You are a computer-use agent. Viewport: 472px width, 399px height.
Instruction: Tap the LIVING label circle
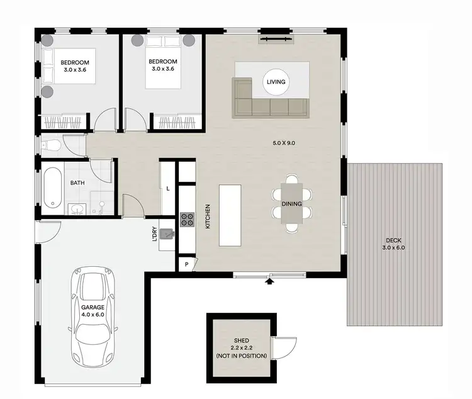pos(276,82)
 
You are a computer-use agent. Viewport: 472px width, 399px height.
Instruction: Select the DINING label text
pos(291,204)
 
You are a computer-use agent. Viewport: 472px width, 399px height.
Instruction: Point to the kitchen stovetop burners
pos(188,220)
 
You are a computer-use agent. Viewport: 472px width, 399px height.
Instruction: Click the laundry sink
pos(167,235)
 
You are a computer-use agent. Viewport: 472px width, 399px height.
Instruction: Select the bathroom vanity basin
pos(76,208)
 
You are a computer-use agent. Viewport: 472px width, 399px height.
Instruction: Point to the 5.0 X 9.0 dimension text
pos(283,143)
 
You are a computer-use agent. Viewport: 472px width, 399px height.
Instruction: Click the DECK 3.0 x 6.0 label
pos(394,244)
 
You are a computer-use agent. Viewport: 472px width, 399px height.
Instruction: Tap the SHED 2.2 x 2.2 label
pos(241,348)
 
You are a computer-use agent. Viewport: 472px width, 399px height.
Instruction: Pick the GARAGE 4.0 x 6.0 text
pos(93,311)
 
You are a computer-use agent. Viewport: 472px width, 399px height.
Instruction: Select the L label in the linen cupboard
pos(169,188)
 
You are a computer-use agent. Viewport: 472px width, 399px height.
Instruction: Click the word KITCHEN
pos(207,216)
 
